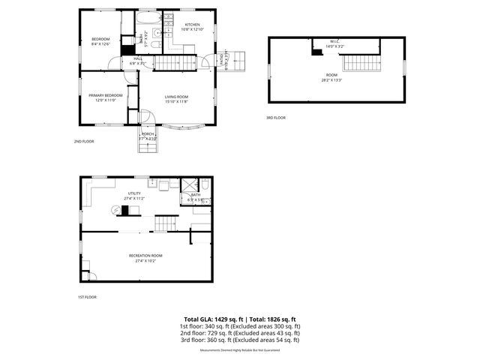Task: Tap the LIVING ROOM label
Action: pyautogui.click(x=176, y=97)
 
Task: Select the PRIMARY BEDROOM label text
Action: pyautogui.click(x=106, y=95)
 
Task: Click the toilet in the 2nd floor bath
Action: pyautogui.click(x=152, y=45)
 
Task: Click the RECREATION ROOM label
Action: pyautogui.click(x=146, y=255)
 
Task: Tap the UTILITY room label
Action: pyautogui.click(x=134, y=193)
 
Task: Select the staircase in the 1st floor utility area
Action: pyautogui.click(x=166, y=223)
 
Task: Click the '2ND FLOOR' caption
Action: pyautogui.click(x=83, y=141)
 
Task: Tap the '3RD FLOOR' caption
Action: pyautogui.click(x=275, y=118)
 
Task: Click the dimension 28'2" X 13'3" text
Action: pyautogui.click(x=331, y=79)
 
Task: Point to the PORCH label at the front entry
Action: pyautogui.click(x=148, y=134)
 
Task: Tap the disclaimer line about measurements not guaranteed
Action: pyautogui.click(x=240, y=350)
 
